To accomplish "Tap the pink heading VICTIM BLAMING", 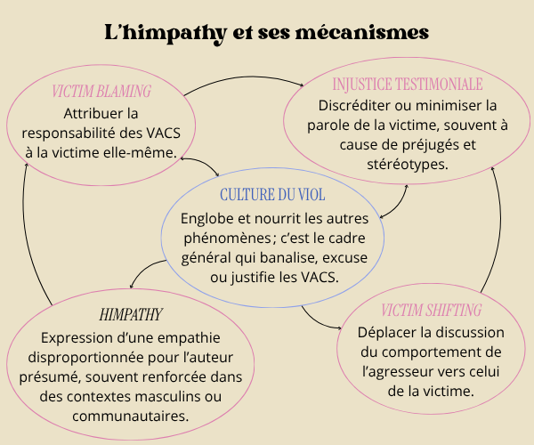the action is point(101,92).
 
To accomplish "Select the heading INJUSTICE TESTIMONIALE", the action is point(407,85).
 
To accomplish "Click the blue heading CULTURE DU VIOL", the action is point(271,194).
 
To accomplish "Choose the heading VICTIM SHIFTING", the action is point(431,311).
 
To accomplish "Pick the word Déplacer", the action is point(386,332).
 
